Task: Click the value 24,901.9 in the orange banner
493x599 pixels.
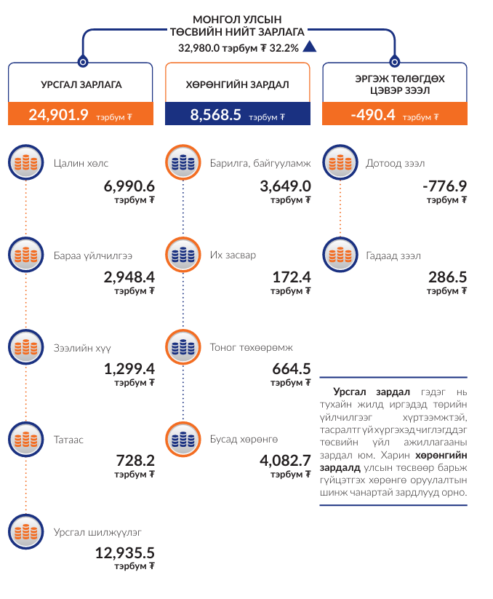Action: [x=58, y=114]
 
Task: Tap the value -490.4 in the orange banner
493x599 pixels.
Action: [x=372, y=114]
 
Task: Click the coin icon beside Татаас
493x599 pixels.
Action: [x=26, y=440]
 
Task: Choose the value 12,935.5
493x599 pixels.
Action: [x=124, y=553]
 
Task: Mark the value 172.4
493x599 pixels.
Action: [x=291, y=277]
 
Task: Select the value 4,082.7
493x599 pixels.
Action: [x=285, y=460]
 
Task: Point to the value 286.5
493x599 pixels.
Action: [x=447, y=277]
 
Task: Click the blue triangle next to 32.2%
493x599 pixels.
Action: [x=310, y=47]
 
